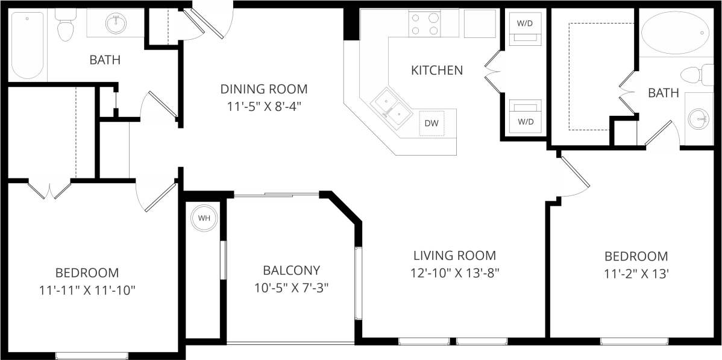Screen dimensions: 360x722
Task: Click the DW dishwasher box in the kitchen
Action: pos(432,123)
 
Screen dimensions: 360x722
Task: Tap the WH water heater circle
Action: pos(204,218)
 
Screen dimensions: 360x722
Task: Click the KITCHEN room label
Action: pos(437,71)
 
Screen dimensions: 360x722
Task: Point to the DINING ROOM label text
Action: pos(263,89)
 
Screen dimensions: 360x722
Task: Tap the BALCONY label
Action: pos(291,270)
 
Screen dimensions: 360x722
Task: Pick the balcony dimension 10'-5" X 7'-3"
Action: pos(291,288)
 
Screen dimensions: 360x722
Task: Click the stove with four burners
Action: pos(424,24)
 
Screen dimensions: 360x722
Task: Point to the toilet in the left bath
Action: pos(64,26)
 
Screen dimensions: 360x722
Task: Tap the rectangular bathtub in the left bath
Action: pos(27,45)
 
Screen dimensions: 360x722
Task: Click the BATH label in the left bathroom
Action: pos(105,60)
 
